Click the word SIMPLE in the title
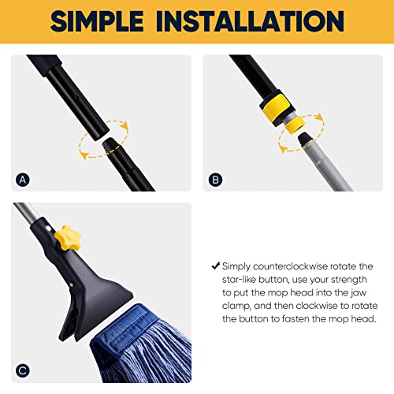pyautogui.click(x=111, y=21)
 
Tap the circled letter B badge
pyautogui.click(x=216, y=179)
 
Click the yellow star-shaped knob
pyautogui.click(x=65, y=235)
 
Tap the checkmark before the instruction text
pyautogui.click(x=215, y=267)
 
